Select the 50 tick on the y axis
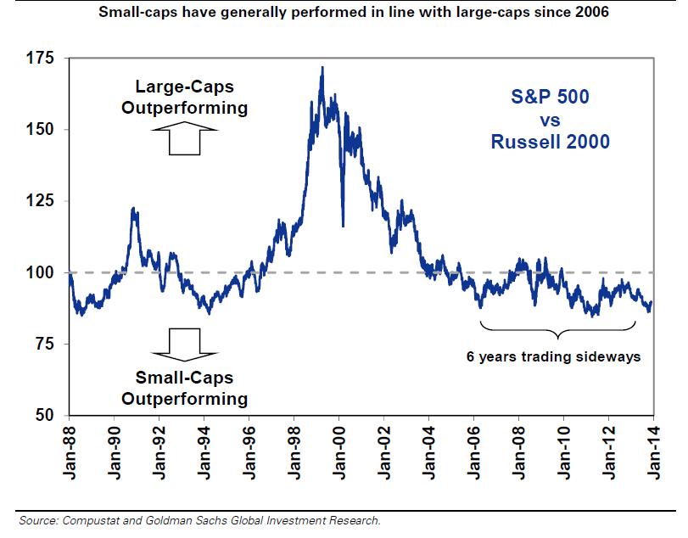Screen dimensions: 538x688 point(45,415)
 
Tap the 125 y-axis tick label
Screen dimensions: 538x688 point(41,200)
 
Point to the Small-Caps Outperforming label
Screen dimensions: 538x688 point(184,388)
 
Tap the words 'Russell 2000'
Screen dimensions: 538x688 point(550,142)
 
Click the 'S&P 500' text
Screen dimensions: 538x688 point(550,97)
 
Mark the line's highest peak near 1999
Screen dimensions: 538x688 point(322,68)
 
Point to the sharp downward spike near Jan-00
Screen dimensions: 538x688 point(343,225)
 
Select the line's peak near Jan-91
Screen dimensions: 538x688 point(134,209)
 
